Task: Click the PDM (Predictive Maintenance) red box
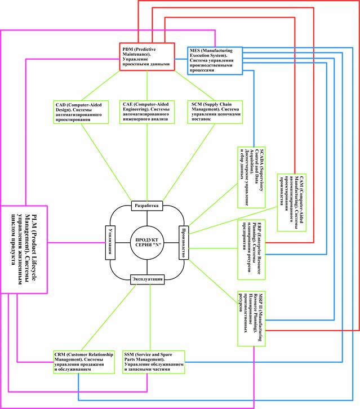[x=146, y=57]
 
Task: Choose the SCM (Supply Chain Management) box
[x=215, y=111]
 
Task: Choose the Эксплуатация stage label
[x=147, y=279]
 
